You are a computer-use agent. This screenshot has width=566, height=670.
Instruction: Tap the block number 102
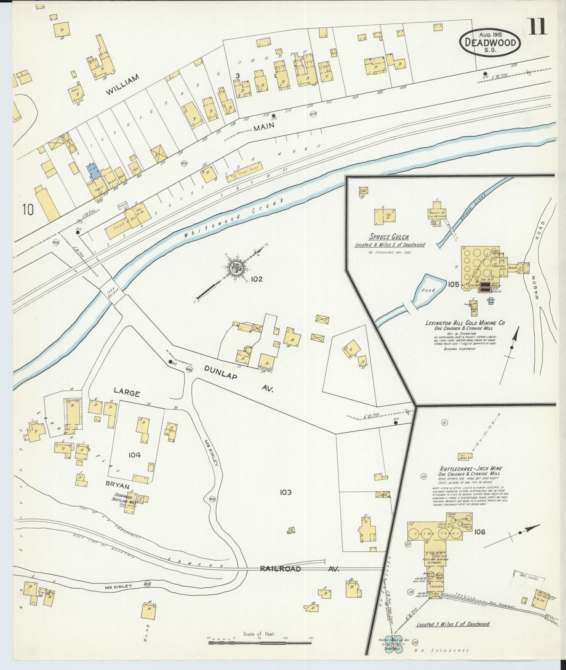[x=257, y=279]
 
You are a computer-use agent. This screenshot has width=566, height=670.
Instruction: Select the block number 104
[x=134, y=455]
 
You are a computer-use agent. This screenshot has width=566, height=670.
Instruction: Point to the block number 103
[x=286, y=492]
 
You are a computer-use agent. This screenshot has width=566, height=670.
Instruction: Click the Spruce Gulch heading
[x=383, y=237]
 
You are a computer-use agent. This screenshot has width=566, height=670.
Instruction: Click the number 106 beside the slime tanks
[x=479, y=532]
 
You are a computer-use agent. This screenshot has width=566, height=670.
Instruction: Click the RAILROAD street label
[x=280, y=569]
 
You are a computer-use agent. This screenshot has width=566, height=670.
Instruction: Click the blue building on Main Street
[x=93, y=170]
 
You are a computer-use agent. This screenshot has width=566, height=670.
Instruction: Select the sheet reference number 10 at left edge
[x=28, y=210]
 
